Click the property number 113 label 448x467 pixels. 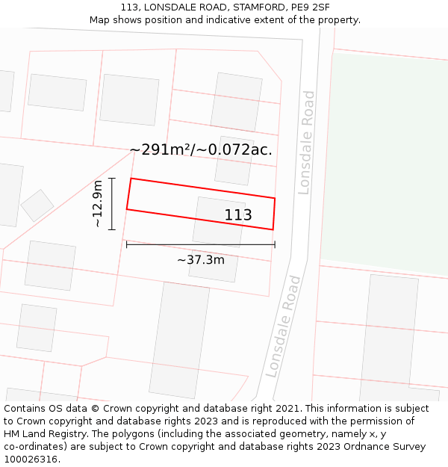pyautogui.click(x=238, y=215)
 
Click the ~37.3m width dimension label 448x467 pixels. pyautogui.click(x=200, y=260)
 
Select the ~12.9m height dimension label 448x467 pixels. pyautogui.click(x=98, y=204)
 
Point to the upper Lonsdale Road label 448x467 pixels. pyautogui.click(x=306, y=142)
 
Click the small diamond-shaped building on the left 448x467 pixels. pyautogui.click(x=37, y=205)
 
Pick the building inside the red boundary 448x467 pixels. pyautogui.click(x=219, y=221)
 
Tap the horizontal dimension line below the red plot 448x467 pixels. pyautogui.click(x=200, y=244)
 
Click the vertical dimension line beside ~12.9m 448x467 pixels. pyautogui.click(x=111, y=204)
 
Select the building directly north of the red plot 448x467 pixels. pyautogui.click(x=234, y=160)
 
